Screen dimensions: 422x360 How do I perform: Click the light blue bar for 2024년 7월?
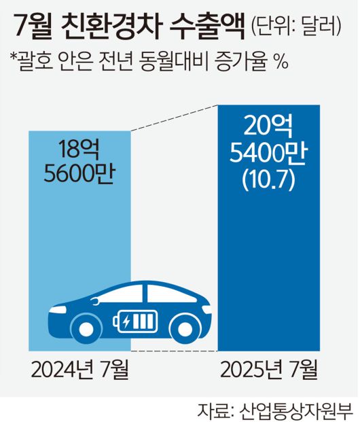(79, 224)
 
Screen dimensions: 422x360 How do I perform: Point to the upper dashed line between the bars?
(173, 118)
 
